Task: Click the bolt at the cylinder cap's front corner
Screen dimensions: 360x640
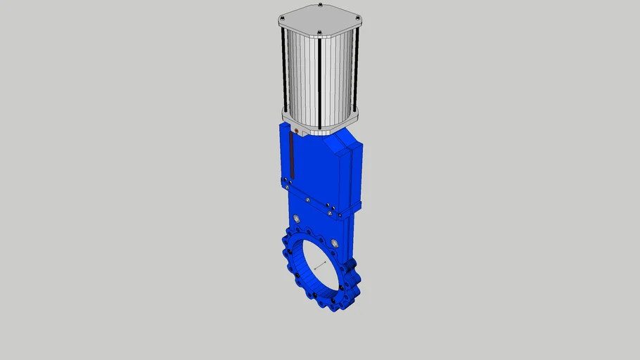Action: tap(319, 33)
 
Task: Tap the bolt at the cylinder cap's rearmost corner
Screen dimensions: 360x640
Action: tap(320, 6)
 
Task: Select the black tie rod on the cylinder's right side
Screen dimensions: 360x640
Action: tap(357, 70)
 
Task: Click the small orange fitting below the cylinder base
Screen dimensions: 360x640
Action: tap(297, 131)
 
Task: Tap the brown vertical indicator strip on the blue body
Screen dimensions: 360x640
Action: tap(290, 155)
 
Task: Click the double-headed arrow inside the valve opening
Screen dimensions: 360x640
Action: tap(321, 265)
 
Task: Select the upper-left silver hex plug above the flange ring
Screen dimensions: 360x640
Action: tap(306, 219)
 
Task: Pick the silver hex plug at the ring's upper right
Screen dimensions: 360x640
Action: tap(335, 243)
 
